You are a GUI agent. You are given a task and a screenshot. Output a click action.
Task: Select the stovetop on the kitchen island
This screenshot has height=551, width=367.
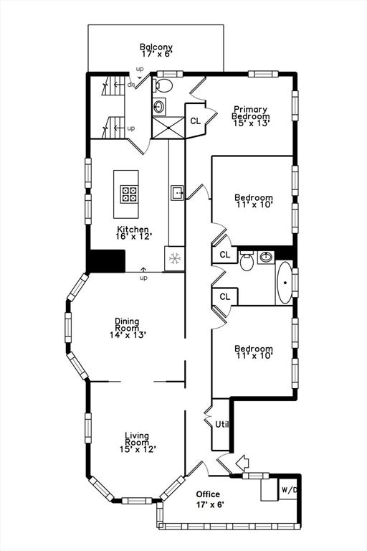click(128, 194)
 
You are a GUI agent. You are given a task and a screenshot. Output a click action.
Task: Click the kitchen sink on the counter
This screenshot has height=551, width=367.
click(177, 193)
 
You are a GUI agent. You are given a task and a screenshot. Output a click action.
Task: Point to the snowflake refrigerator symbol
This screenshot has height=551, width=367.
click(175, 258)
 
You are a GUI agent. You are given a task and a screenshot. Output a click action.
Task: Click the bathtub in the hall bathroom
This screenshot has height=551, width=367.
click(285, 283)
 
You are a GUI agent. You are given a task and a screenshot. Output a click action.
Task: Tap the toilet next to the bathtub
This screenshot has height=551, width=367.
click(247, 260)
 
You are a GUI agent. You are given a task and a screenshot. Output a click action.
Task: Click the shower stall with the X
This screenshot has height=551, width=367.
click(168, 127)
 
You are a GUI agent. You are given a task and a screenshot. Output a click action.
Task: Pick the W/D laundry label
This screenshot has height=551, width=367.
click(289, 490)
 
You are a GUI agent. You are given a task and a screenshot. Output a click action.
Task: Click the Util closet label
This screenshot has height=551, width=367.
click(222, 425)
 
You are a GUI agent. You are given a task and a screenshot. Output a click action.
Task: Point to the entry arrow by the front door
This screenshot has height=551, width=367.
click(242, 463)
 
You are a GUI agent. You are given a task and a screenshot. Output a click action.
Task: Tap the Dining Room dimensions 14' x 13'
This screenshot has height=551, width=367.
click(128, 335)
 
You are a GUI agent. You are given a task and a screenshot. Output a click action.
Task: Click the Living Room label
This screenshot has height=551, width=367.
click(137, 439)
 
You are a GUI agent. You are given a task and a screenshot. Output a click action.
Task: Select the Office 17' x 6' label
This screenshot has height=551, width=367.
click(210, 499)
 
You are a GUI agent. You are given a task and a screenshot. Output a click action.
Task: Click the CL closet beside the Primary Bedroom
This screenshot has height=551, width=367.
click(195, 121)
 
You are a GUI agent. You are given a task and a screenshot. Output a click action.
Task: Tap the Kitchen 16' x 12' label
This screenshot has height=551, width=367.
click(133, 233)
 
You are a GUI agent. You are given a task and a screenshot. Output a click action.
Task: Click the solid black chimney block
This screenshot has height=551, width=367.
click(106, 260)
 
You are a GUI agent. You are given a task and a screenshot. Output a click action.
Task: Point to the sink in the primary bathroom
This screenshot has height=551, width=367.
click(159, 105)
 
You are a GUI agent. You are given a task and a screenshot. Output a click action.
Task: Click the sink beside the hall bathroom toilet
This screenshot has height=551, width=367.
click(266, 258)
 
